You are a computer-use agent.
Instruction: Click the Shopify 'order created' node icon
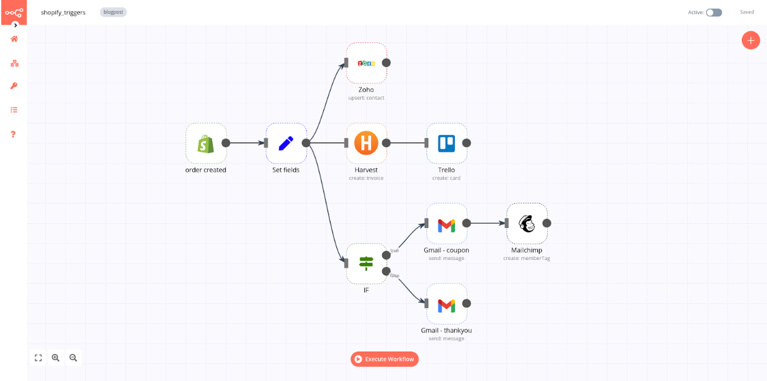point(206,143)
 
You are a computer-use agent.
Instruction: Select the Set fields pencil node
point(286,143)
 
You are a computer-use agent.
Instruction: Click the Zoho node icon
point(366,63)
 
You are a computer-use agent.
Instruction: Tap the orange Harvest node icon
point(366,143)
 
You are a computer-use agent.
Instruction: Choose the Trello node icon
point(446,143)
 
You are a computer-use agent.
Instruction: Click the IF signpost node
point(366,264)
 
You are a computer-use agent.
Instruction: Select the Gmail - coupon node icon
point(446,224)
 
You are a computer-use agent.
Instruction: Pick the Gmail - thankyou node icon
point(446,304)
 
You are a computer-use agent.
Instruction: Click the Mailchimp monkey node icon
point(527,224)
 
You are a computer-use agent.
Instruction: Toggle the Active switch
point(714,12)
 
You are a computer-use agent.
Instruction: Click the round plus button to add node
point(750,40)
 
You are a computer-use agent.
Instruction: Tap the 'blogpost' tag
point(113,12)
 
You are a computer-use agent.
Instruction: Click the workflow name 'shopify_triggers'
point(63,12)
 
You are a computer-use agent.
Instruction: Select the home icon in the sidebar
point(14,39)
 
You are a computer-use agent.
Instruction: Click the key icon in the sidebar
point(14,86)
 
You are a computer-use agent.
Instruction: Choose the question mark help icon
point(14,134)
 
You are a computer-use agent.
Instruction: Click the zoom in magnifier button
point(56,358)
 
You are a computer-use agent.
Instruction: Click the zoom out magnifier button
point(73,358)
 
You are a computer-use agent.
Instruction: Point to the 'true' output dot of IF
point(386,255)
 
